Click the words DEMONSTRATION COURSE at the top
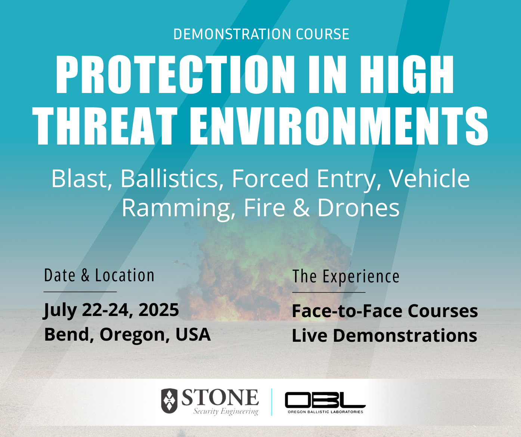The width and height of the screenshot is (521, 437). [x=261, y=34]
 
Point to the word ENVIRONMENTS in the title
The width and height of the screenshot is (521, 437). [x=339, y=126]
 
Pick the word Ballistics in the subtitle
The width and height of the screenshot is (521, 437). [x=169, y=179]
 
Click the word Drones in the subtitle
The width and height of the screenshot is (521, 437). [x=358, y=208]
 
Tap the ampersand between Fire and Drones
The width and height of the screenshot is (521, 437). [x=301, y=208]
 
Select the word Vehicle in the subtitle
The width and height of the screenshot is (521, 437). [x=429, y=179]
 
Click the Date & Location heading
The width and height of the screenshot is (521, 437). [x=99, y=276]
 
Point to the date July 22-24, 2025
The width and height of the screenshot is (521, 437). [x=111, y=310]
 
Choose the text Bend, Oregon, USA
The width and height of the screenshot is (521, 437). [x=127, y=334]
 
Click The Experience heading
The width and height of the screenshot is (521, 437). [x=346, y=277]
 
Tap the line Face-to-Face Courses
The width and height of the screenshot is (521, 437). [x=385, y=311]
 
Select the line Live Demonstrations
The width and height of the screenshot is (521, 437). [x=384, y=335]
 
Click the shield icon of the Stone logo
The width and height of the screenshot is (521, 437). [x=169, y=401]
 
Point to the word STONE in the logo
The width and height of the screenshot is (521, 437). [x=220, y=398]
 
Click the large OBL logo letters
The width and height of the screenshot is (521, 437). [x=325, y=400]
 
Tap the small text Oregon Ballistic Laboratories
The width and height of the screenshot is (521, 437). [x=325, y=412]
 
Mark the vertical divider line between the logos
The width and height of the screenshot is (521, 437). [x=272, y=402]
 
